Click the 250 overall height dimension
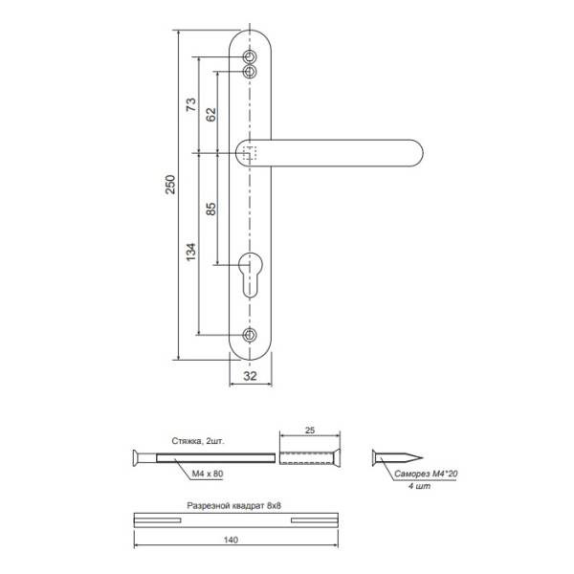click(170, 185)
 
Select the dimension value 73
click(191, 104)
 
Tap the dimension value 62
click(211, 115)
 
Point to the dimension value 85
click(211, 209)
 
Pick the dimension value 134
click(191, 252)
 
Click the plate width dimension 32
click(250, 376)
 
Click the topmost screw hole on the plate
click(250, 57)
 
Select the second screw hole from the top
click(250, 72)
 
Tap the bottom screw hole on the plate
click(250, 335)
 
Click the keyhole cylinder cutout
click(250, 275)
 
